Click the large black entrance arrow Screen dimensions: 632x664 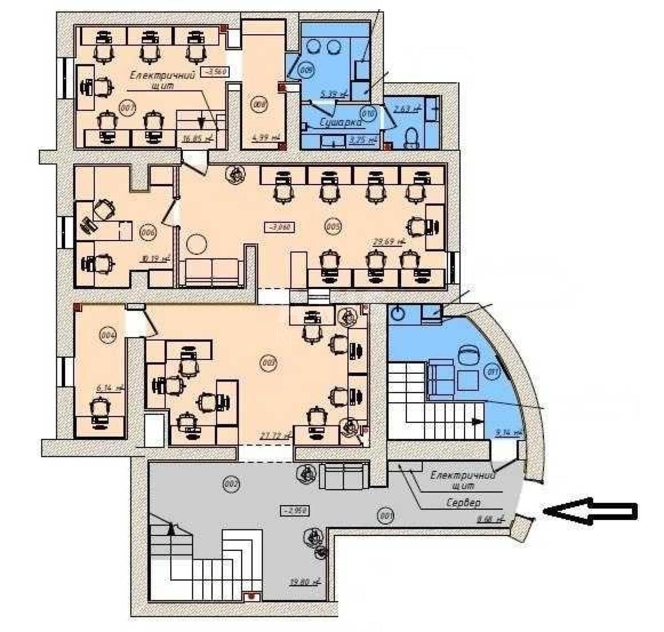590,511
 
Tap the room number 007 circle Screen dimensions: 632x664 127,108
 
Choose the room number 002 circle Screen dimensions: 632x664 231,485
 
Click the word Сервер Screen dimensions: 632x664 463,503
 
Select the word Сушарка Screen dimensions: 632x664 340,122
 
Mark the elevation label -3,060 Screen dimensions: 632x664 281,226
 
